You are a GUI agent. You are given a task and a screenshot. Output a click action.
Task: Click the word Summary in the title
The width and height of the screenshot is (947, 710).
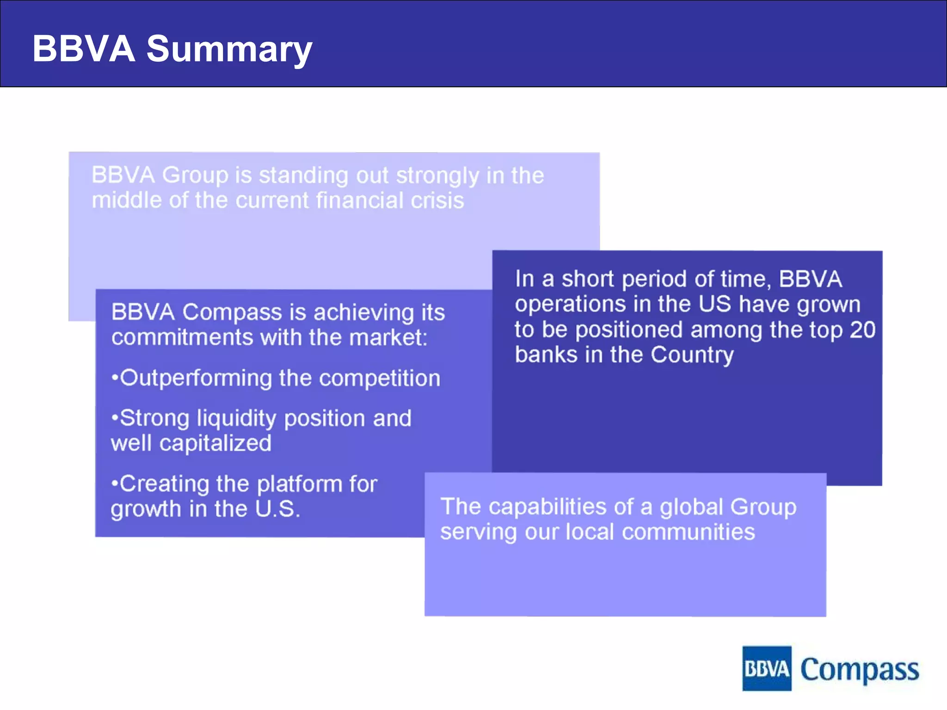[229, 49]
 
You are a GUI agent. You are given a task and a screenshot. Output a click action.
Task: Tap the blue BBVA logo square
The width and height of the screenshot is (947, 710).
[766, 668]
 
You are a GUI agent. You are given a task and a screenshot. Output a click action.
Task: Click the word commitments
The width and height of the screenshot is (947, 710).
[182, 337]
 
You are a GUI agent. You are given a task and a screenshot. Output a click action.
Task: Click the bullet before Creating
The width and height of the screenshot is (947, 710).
[114, 484]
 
